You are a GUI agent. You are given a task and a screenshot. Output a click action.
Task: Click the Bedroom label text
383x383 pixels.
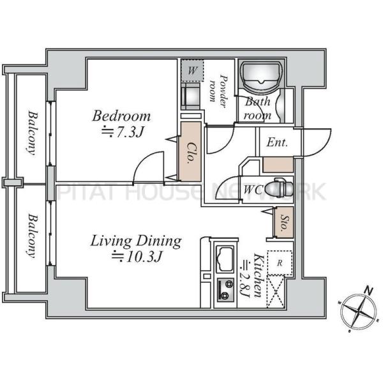[121, 116]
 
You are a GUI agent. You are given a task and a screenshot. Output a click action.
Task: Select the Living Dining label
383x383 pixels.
[136, 241]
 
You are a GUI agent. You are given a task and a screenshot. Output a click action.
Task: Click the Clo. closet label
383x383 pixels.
[190, 153]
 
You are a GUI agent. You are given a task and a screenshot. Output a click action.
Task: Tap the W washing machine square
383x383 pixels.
[193, 71]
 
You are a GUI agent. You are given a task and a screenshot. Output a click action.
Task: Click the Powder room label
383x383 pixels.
[218, 91]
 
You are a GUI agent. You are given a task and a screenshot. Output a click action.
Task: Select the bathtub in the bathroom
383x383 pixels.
[261, 76]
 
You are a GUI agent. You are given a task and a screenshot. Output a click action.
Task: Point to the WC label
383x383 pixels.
[253, 190]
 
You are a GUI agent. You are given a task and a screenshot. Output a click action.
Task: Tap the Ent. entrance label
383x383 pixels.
[277, 142]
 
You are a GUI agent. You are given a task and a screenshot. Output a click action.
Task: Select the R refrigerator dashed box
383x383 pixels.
[280, 263]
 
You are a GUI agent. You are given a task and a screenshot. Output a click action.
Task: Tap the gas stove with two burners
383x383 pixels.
[225, 290]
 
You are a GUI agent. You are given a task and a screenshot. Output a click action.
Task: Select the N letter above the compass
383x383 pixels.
[368, 290]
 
